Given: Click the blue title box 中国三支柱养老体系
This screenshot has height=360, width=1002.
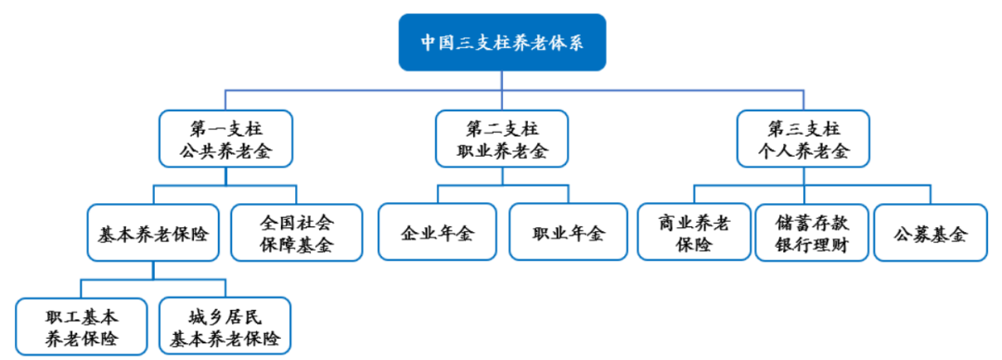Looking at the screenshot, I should click(x=502, y=43).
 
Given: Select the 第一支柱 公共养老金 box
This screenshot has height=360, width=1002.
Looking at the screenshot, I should click(x=225, y=138).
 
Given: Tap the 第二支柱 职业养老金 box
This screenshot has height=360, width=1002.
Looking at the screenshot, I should click(x=502, y=138).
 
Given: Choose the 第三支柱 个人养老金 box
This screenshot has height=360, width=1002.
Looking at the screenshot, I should click(x=803, y=138).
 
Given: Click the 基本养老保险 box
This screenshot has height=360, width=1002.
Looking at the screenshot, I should click(x=153, y=232).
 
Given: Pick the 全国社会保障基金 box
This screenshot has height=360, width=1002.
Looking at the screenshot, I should click(x=296, y=232).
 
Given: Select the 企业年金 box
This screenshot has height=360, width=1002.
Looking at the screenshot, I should click(x=437, y=232).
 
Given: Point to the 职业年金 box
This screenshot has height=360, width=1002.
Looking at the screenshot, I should click(x=568, y=232).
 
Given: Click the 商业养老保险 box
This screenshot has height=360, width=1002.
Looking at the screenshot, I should click(x=694, y=232).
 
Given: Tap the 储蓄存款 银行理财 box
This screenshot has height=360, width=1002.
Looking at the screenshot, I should click(x=811, y=232).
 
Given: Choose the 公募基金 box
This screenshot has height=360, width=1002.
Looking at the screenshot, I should click(x=931, y=232).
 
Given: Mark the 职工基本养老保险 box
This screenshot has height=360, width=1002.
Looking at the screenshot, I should click(x=82, y=325).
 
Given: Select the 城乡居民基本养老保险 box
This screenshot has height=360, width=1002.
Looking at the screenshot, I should click(x=225, y=325).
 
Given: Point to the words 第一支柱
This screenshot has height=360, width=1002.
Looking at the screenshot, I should click(x=225, y=127).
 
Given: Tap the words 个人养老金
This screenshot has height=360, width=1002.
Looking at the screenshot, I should click(x=803, y=151).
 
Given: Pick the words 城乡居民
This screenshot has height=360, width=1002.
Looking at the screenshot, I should click(x=225, y=314).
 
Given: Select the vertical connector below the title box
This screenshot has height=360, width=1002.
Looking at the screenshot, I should click(x=502, y=79).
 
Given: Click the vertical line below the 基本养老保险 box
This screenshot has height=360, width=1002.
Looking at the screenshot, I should click(x=153, y=269).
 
